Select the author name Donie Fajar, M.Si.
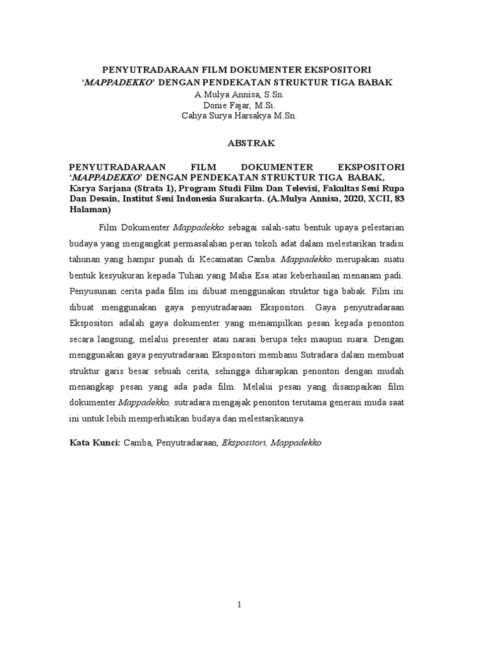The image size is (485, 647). tap(243, 105)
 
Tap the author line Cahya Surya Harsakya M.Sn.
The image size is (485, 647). tap(243, 116)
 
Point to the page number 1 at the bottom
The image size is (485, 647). tap(239, 606)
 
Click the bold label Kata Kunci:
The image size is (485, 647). tap(95, 444)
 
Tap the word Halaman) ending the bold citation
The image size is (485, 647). tap(90, 209)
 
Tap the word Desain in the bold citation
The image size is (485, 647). tap(102, 199)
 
